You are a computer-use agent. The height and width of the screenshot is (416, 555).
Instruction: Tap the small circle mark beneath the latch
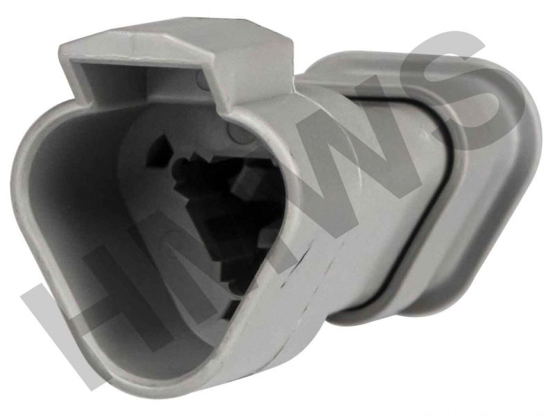tap(201, 81)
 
